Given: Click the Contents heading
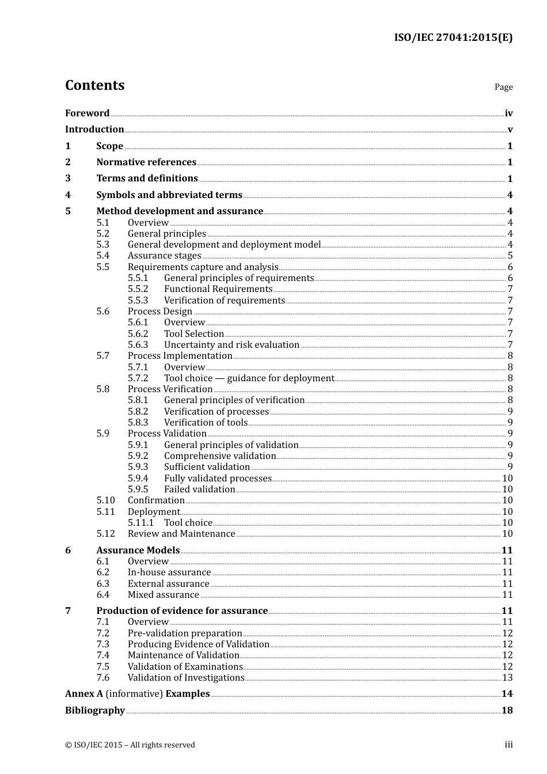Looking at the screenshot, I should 95,85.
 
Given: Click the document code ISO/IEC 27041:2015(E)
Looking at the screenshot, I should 453,37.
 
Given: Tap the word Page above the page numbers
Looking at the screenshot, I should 503,87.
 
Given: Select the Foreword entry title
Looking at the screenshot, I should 87,113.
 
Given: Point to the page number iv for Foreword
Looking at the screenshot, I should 508,113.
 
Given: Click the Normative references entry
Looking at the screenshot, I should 146,162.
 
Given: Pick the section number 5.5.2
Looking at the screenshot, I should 138,289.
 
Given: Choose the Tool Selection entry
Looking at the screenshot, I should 193,334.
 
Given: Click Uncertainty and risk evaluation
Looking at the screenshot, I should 231,345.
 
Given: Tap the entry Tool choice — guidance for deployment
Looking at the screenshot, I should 249,378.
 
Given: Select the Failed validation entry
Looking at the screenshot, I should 199,490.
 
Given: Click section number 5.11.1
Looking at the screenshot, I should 140,523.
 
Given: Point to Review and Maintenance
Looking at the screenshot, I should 181,534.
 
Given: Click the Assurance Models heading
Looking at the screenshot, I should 138,551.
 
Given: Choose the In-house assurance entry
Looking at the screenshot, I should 169,572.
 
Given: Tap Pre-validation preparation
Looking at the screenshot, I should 185,633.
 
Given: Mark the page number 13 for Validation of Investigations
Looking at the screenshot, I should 507,678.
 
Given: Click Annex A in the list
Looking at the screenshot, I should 83,694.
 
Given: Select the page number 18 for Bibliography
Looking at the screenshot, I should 507,711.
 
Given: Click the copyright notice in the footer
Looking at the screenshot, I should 130,745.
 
